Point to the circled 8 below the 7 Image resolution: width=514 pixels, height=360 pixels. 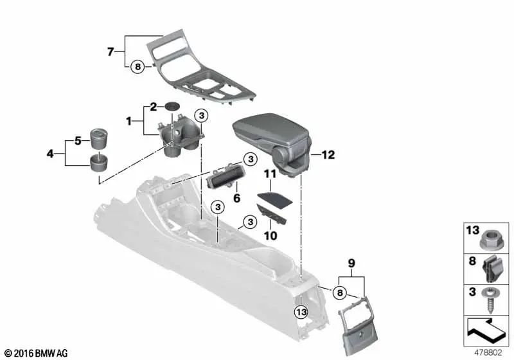pyautogui.click(x=136, y=66)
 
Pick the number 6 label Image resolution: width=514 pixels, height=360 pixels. pyautogui.click(x=236, y=199)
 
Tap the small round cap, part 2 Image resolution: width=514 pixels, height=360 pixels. pyautogui.click(x=172, y=106)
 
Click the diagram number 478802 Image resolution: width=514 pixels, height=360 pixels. pyautogui.click(x=489, y=352)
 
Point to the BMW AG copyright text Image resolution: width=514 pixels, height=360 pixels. pyautogui.click(x=35, y=353)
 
